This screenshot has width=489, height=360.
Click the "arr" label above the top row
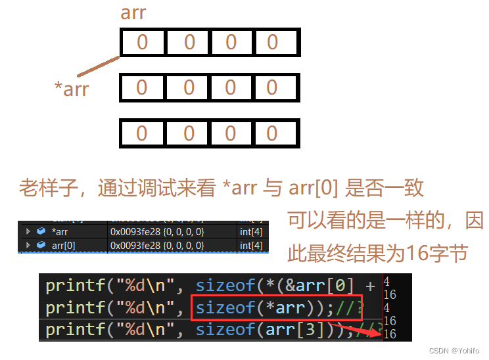point(133,12)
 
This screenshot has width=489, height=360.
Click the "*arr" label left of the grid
point(71,89)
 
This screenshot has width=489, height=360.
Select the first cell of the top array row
point(142,43)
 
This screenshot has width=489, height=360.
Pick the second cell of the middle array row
point(189,87)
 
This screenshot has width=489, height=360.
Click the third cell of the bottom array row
point(231,133)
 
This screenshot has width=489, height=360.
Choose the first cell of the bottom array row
point(142,133)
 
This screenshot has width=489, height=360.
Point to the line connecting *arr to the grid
point(99,66)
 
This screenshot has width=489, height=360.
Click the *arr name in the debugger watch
point(60,231)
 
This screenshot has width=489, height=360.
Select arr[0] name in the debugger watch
point(64,245)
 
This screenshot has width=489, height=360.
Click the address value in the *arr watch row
point(157,231)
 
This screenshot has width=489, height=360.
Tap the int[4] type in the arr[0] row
point(251,245)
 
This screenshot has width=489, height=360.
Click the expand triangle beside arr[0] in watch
point(28,245)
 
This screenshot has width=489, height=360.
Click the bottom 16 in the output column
point(389,334)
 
